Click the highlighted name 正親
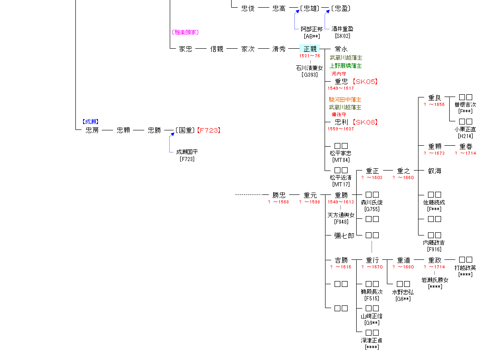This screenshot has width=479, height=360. [x=310, y=49]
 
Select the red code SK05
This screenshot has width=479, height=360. [x=364, y=82]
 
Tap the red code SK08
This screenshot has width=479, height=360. [x=365, y=122]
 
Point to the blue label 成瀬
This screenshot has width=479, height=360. [x=90, y=121]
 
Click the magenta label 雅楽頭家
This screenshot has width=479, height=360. [x=185, y=32]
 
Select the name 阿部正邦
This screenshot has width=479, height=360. [x=312, y=29]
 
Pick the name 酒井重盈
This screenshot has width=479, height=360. [x=342, y=29]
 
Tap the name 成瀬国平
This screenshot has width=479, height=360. [x=187, y=152]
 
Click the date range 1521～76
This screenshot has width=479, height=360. [x=309, y=56]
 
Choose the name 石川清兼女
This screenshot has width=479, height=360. [x=309, y=68]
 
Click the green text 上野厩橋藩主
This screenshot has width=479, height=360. [x=345, y=66]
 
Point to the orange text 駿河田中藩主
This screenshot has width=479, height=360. [x=345, y=99]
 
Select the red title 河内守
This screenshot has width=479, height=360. [x=339, y=74]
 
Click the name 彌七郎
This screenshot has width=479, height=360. [x=344, y=235]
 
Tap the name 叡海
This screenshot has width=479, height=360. [x=435, y=171]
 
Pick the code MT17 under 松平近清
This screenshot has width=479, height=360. [x=341, y=184]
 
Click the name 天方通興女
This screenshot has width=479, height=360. [x=341, y=215]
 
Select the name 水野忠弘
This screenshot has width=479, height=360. [x=403, y=292]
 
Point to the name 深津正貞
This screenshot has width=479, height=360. [x=372, y=341]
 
